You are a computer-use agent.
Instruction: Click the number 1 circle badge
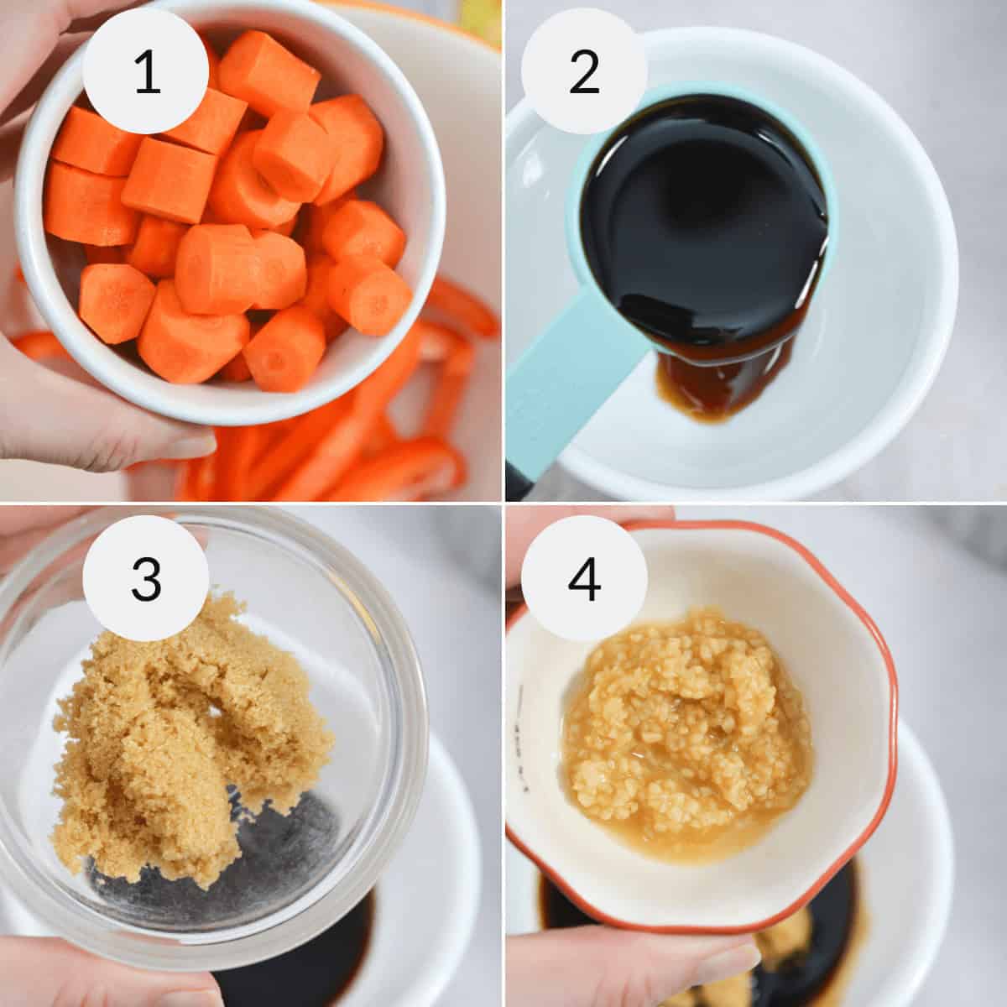146,71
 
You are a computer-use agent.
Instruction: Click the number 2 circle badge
584,71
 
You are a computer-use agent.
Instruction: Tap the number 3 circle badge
146,577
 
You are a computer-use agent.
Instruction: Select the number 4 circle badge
584,577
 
